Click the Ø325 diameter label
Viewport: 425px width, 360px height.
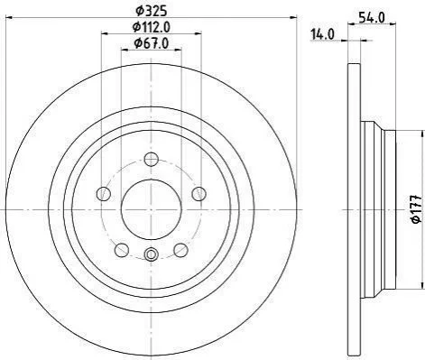coord(151,12)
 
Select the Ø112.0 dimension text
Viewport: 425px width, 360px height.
coord(151,27)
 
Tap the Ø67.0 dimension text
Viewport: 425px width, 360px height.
coord(151,43)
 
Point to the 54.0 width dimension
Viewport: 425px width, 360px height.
coord(372,18)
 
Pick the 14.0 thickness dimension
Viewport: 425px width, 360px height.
coord(322,34)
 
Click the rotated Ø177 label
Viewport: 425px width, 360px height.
coord(416,209)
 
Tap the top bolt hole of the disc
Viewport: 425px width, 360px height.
coord(151,159)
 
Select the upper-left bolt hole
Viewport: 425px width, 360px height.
coord(104,194)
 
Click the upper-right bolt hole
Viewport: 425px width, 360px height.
coord(199,194)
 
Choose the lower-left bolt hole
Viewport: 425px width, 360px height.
coord(122,250)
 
